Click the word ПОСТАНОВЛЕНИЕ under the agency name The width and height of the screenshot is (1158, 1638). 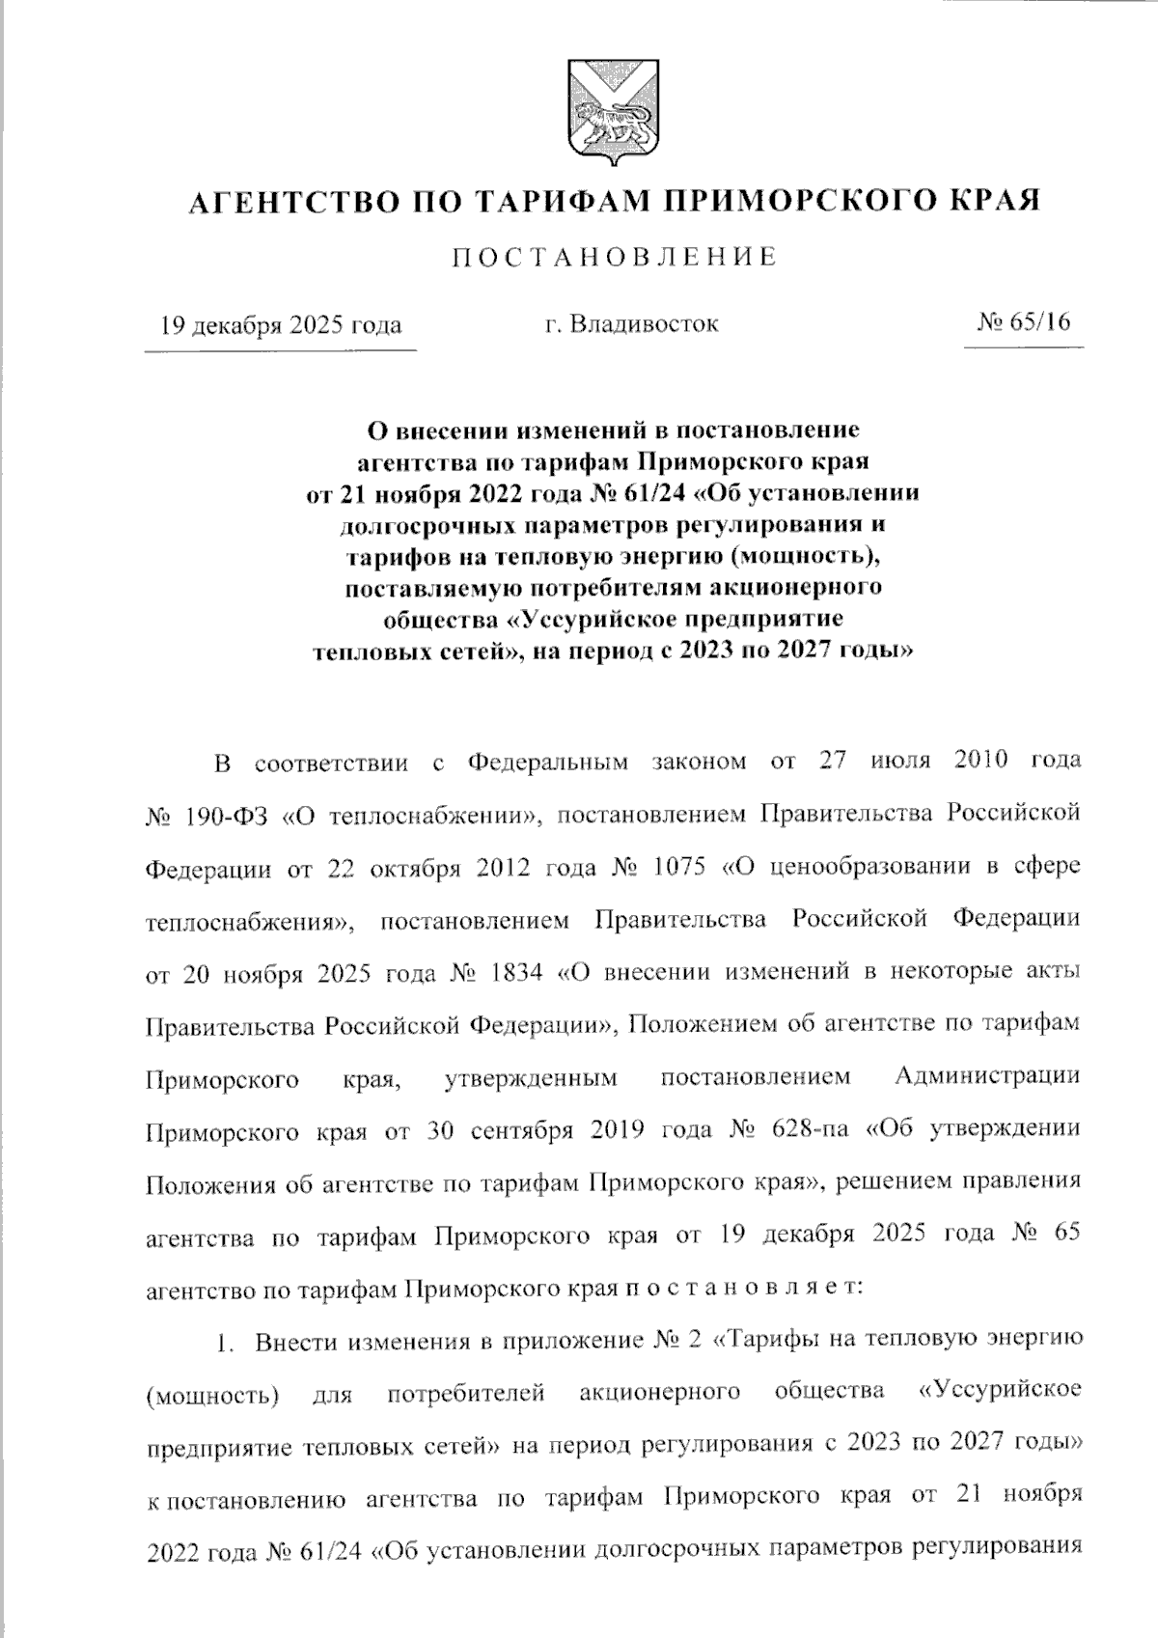pos(614,257)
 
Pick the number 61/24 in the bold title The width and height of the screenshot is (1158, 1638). pos(653,493)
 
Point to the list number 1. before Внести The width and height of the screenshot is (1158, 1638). pos(226,1342)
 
